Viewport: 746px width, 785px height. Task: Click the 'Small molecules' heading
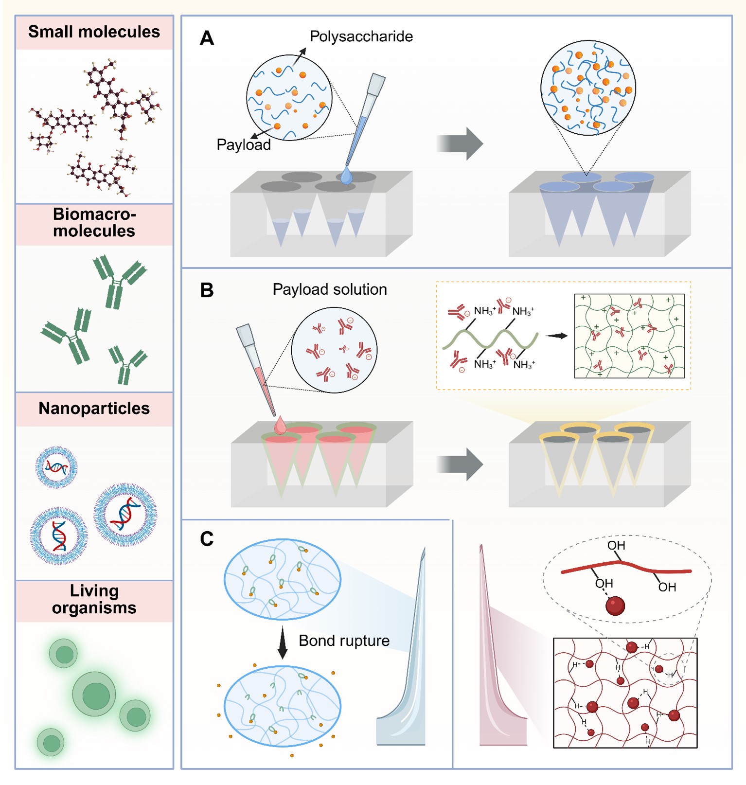tap(94, 32)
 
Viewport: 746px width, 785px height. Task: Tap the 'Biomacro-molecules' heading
tap(94, 222)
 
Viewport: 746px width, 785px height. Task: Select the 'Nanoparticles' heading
tap(94, 409)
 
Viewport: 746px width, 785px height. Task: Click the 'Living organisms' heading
tap(94, 599)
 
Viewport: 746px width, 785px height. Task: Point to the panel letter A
tap(207, 38)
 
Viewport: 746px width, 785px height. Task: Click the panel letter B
tap(207, 290)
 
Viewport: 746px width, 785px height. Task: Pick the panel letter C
tap(207, 539)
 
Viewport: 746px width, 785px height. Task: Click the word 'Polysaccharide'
tap(361, 36)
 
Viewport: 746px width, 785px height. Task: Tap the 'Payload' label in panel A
tap(243, 144)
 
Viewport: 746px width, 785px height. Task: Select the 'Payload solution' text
tap(330, 289)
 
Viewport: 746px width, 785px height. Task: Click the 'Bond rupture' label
tap(344, 641)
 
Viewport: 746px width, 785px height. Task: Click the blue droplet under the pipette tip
tap(346, 176)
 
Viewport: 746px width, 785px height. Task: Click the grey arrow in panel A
tap(460, 143)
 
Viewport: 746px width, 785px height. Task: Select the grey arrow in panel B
tap(460, 464)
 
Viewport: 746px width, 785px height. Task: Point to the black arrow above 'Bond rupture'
tap(282, 642)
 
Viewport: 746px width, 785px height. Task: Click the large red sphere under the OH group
tap(615, 606)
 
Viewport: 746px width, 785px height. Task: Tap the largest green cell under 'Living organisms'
tap(94, 695)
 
